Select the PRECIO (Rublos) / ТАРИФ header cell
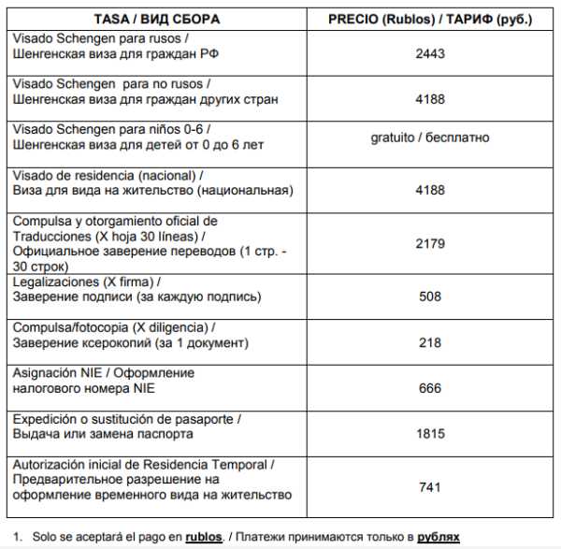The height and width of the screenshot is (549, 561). pyautogui.click(x=429, y=18)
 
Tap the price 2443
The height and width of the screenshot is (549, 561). pyautogui.click(x=429, y=54)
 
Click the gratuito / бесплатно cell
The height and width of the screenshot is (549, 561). pyautogui.click(x=429, y=137)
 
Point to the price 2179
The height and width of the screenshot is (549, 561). pyautogui.click(x=429, y=243)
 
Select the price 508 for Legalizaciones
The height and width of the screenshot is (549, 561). pyautogui.click(x=429, y=297)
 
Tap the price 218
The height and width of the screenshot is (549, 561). pyautogui.click(x=429, y=343)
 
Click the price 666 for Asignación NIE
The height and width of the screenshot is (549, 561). pyautogui.click(x=429, y=388)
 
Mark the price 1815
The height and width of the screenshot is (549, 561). pyautogui.click(x=429, y=434)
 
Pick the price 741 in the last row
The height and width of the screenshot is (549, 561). pyautogui.click(x=429, y=487)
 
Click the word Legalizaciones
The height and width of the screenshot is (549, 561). pyautogui.click(x=54, y=282)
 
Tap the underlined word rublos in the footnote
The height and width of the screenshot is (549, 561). pyautogui.click(x=203, y=537)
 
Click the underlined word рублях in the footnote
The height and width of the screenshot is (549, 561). pyautogui.click(x=438, y=537)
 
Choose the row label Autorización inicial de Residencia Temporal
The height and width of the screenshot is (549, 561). pyautogui.click(x=143, y=464)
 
